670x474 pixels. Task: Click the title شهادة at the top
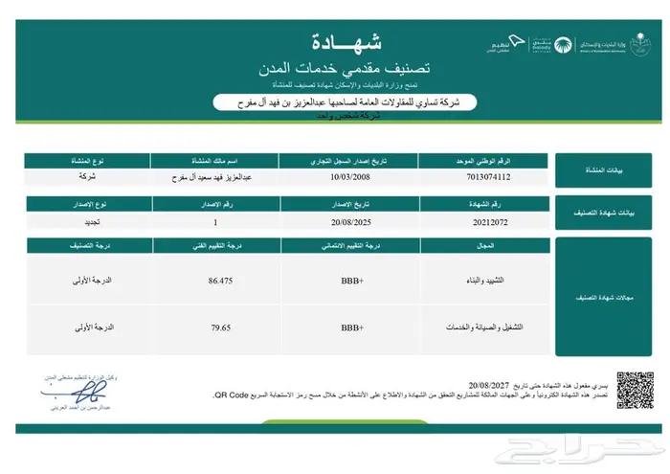346,41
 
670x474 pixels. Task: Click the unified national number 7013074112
484,177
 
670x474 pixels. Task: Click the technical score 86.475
222,282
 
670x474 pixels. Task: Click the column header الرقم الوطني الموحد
484,160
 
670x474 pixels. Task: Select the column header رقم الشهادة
484,205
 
